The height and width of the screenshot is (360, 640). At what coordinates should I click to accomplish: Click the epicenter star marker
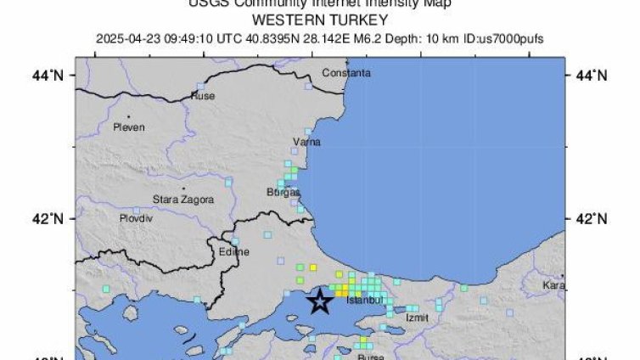coord(320,300)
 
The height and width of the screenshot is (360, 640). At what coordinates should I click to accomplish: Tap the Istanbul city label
coord(366,301)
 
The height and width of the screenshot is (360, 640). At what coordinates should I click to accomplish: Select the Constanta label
coord(346,74)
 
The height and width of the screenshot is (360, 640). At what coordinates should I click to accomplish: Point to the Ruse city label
coord(203,96)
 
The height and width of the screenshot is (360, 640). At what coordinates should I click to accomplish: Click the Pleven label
coord(128,127)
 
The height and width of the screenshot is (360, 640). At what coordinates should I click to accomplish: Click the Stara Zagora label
coord(182,200)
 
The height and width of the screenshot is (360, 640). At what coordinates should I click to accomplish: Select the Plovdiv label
coord(135,218)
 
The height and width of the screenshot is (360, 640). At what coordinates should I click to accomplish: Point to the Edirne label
coord(233,252)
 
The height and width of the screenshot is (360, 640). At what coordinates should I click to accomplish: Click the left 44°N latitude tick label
coord(53,76)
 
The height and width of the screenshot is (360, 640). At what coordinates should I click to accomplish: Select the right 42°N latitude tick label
coord(592,218)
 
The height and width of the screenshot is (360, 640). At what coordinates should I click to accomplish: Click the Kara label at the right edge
coord(553,284)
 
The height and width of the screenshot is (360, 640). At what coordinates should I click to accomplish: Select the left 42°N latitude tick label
coord(53,218)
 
